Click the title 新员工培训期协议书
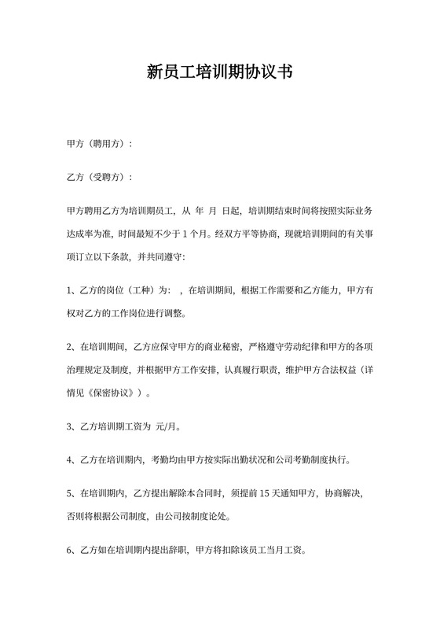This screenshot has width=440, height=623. (220, 73)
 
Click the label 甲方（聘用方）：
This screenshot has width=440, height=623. (100, 144)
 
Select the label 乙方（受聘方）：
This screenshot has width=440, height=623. (100, 177)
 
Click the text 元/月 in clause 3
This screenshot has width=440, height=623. (168, 427)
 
